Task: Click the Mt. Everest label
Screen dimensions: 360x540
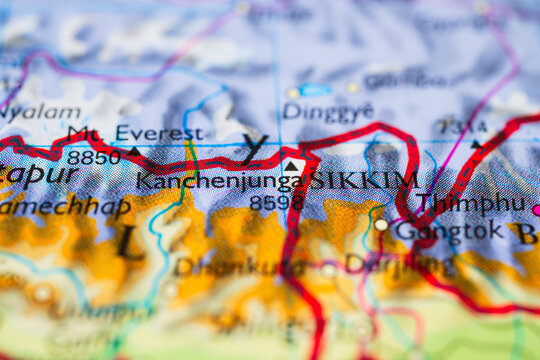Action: pyautogui.click(x=134, y=133)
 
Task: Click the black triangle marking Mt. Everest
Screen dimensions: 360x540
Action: pyautogui.click(x=134, y=151)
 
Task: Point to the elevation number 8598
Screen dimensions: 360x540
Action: pyautogui.click(x=276, y=203)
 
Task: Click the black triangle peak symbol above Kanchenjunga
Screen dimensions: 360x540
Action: pyautogui.click(x=291, y=166)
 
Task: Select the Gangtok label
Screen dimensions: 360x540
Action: pyautogui.click(x=447, y=230)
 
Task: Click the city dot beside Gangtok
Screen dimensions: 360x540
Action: pyautogui.click(x=381, y=225)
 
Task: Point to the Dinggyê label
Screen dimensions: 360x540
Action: pyautogui.click(x=328, y=111)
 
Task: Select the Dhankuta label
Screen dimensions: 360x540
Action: pyautogui.click(x=224, y=266)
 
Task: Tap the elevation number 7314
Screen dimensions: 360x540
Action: pyautogui.click(x=462, y=127)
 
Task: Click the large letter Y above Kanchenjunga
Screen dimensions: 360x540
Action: pyautogui.click(x=254, y=148)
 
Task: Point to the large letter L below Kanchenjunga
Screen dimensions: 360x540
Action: pyautogui.click(x=128, y=241)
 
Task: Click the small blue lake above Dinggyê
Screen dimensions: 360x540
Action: pyautogui.click(x=316, y=90)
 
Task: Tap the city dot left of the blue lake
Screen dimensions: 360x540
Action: pyautogui.click(x=292, y=93)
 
